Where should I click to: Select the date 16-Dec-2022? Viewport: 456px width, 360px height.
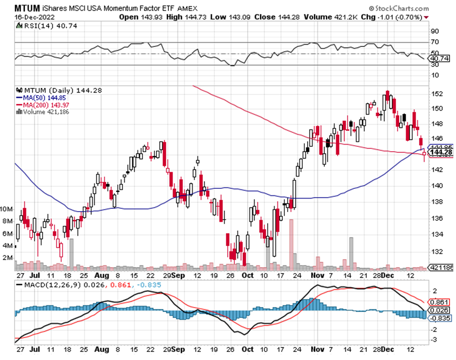tap(30, 17)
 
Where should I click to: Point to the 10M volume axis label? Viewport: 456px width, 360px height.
tap(8, 209)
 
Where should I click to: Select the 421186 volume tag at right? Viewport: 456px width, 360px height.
tap(440, 267)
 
